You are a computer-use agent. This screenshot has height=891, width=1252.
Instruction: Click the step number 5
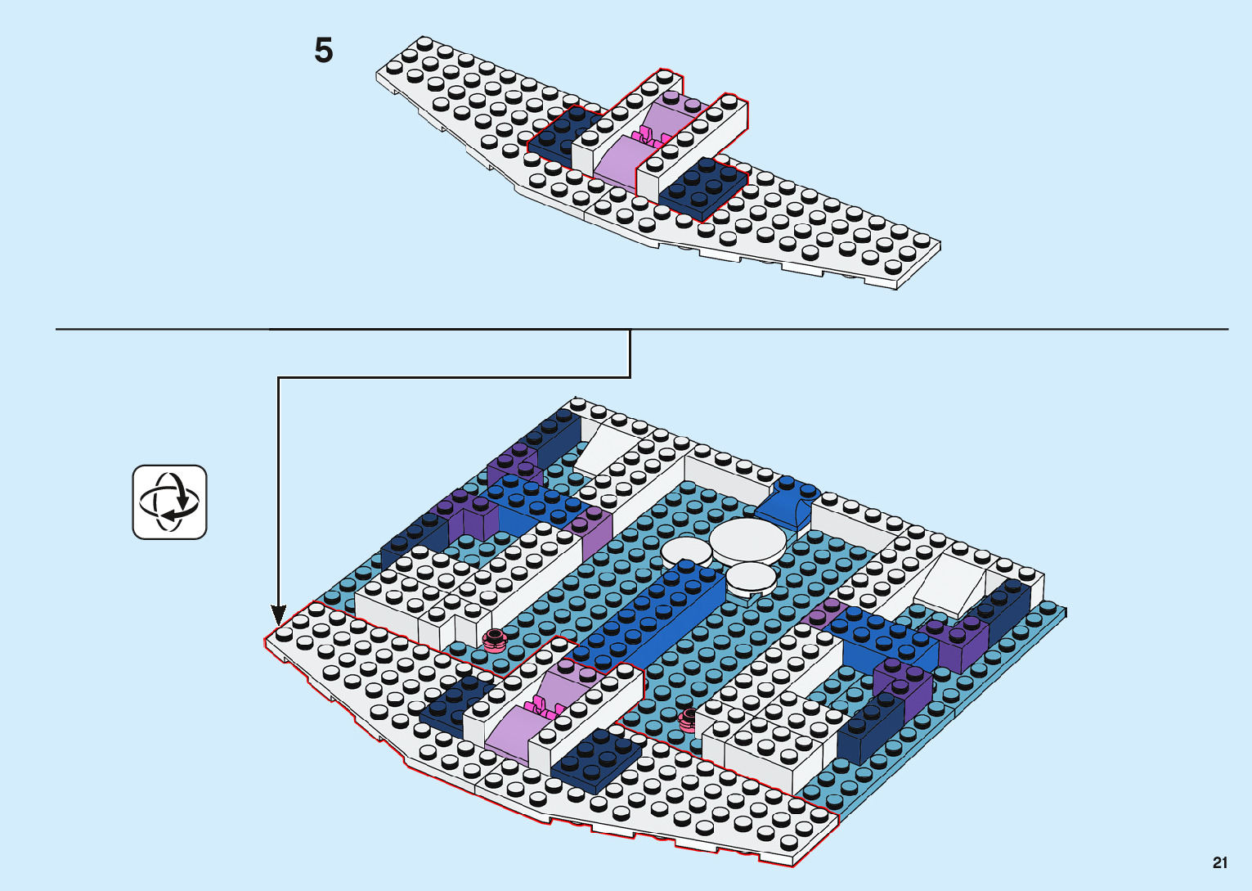pyautogui.click(x=324, y=51)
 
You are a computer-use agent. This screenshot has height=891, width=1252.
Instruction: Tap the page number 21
pyautogui.click(x=1220, y=862)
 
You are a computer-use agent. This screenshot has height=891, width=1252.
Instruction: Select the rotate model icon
pyautogui.click(x=170, y=502)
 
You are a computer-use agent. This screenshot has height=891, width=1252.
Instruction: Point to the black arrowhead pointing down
pyautogui.click(x=279, y=614)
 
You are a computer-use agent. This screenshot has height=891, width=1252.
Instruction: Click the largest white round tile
pyautogui.click(x=749, y=539)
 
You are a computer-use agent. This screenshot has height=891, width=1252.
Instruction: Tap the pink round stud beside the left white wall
pyautogui.click(x=494, y=640)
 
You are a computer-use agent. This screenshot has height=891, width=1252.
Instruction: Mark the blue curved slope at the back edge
pyautogui.click(x=788, y=501)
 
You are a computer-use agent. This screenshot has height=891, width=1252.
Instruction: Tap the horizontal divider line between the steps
pyautogui.click(x=900, y=329)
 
